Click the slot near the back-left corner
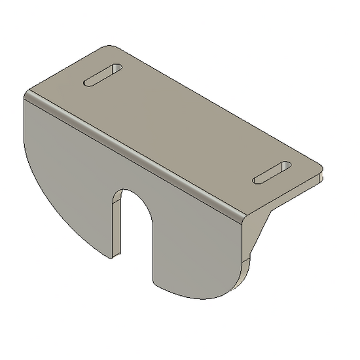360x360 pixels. click(102, 75)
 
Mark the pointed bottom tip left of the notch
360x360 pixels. click(113, 255)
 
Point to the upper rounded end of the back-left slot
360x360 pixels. click(117, 68)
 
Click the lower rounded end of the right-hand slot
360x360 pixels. click(257, 179)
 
